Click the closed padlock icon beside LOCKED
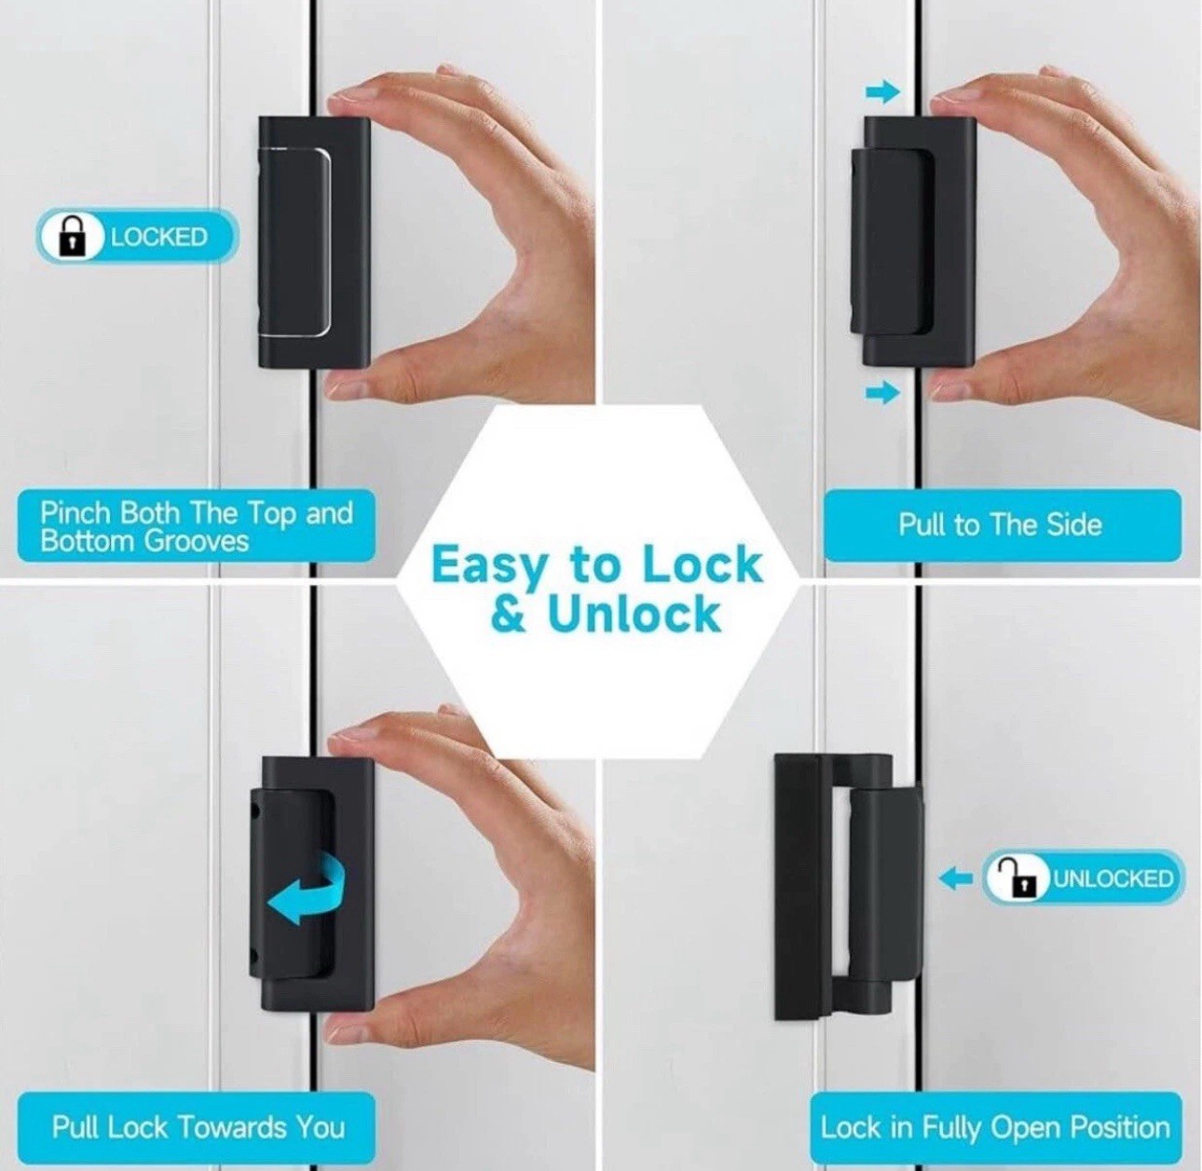(73, 236)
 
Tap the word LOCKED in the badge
(158, 238)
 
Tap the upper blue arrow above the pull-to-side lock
(883, 93)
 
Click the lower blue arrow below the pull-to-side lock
(883, 392)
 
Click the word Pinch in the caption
(75, 512)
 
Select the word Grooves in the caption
(196, 541)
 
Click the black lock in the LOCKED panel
(314, 243)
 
